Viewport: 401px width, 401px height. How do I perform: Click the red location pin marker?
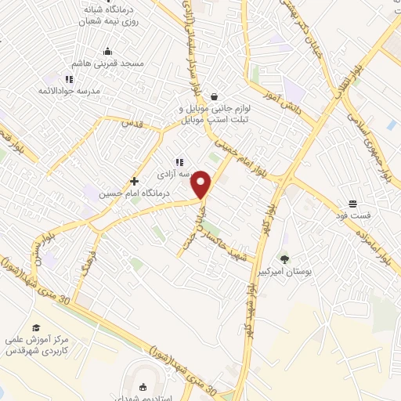tap(202, 185)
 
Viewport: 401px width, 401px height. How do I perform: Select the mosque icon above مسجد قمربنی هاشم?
tap(107, 53)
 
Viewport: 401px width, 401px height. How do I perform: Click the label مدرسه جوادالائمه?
tap(70, 91)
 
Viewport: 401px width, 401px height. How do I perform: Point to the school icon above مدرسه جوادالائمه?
tap(70, 79)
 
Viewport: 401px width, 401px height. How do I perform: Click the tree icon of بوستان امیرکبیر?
tap(284, 258)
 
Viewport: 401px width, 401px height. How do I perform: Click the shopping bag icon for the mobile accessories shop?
tap(214, 96)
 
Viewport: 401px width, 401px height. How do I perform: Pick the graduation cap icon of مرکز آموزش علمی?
tap(35, 327)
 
